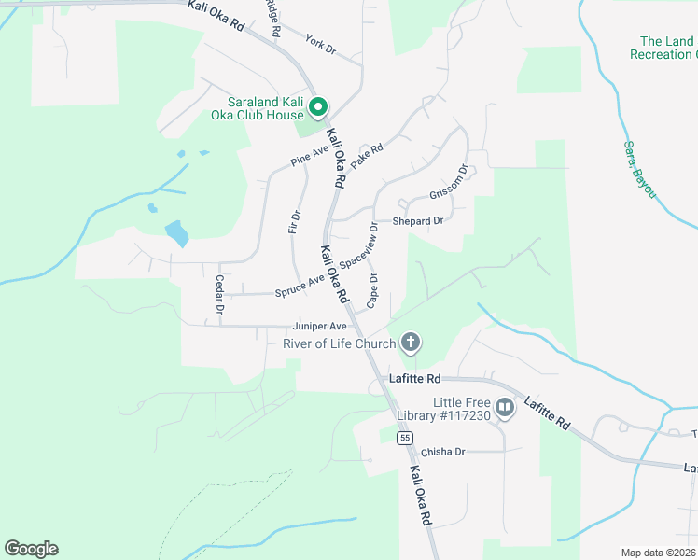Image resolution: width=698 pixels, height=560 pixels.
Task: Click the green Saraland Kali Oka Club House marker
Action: tap(318, 108)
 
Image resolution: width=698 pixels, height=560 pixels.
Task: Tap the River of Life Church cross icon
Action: tap(410, 343)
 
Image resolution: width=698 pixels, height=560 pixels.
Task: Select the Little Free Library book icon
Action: tap(505, 407)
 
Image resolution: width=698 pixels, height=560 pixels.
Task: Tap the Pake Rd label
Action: tap(368, 155)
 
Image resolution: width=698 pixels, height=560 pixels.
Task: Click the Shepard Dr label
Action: tap(417, 221)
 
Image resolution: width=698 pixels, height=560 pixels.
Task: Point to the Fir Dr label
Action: tap(294, 222)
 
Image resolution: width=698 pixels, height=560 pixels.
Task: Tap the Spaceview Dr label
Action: tap(359, 247)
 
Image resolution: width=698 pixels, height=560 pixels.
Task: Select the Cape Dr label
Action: tap(372, 290)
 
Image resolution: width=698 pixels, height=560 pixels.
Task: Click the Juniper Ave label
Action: tap(319, 327)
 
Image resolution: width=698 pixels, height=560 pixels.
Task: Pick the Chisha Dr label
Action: tap(442, 452)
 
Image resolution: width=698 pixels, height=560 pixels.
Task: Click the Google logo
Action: tap(31, 549)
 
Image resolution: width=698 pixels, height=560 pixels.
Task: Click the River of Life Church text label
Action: tap(340, 343)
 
